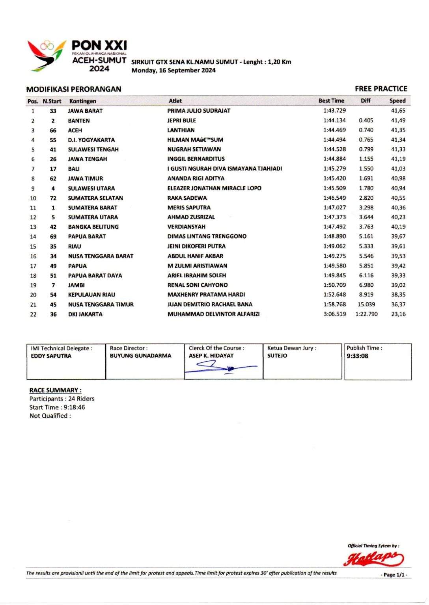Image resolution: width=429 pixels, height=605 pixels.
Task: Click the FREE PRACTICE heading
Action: point(381,89)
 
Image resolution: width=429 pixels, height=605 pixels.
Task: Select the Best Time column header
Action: point(331,101)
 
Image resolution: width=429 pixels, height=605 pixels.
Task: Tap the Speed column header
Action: point(397,101)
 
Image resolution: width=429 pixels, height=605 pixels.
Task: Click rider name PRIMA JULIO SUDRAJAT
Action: point(199,111)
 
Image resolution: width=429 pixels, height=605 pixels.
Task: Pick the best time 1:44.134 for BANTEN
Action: point(334,121)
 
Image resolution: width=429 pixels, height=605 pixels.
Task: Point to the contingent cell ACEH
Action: point(75,130)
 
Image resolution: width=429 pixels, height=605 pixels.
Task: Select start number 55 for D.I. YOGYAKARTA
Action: point(53,140)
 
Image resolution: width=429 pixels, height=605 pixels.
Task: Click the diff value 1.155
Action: point(366,159)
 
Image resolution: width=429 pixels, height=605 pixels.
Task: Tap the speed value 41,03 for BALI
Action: point(398,169)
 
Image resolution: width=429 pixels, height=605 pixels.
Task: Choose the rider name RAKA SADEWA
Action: point(187,198)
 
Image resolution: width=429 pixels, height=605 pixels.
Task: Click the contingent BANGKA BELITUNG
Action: point(93,227)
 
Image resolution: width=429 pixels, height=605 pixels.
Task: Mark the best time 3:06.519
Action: point(334,314)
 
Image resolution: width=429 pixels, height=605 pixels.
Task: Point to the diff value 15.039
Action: point(366,304)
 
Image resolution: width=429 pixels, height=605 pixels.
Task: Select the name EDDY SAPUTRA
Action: point(51,356)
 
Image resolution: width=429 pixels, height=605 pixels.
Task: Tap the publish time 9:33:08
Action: point(357,356)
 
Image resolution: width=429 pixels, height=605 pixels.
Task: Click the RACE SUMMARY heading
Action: point(55,390)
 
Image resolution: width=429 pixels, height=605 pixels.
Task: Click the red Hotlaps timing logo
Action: point(373,559)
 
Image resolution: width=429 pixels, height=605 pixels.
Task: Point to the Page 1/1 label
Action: point(394,575)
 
